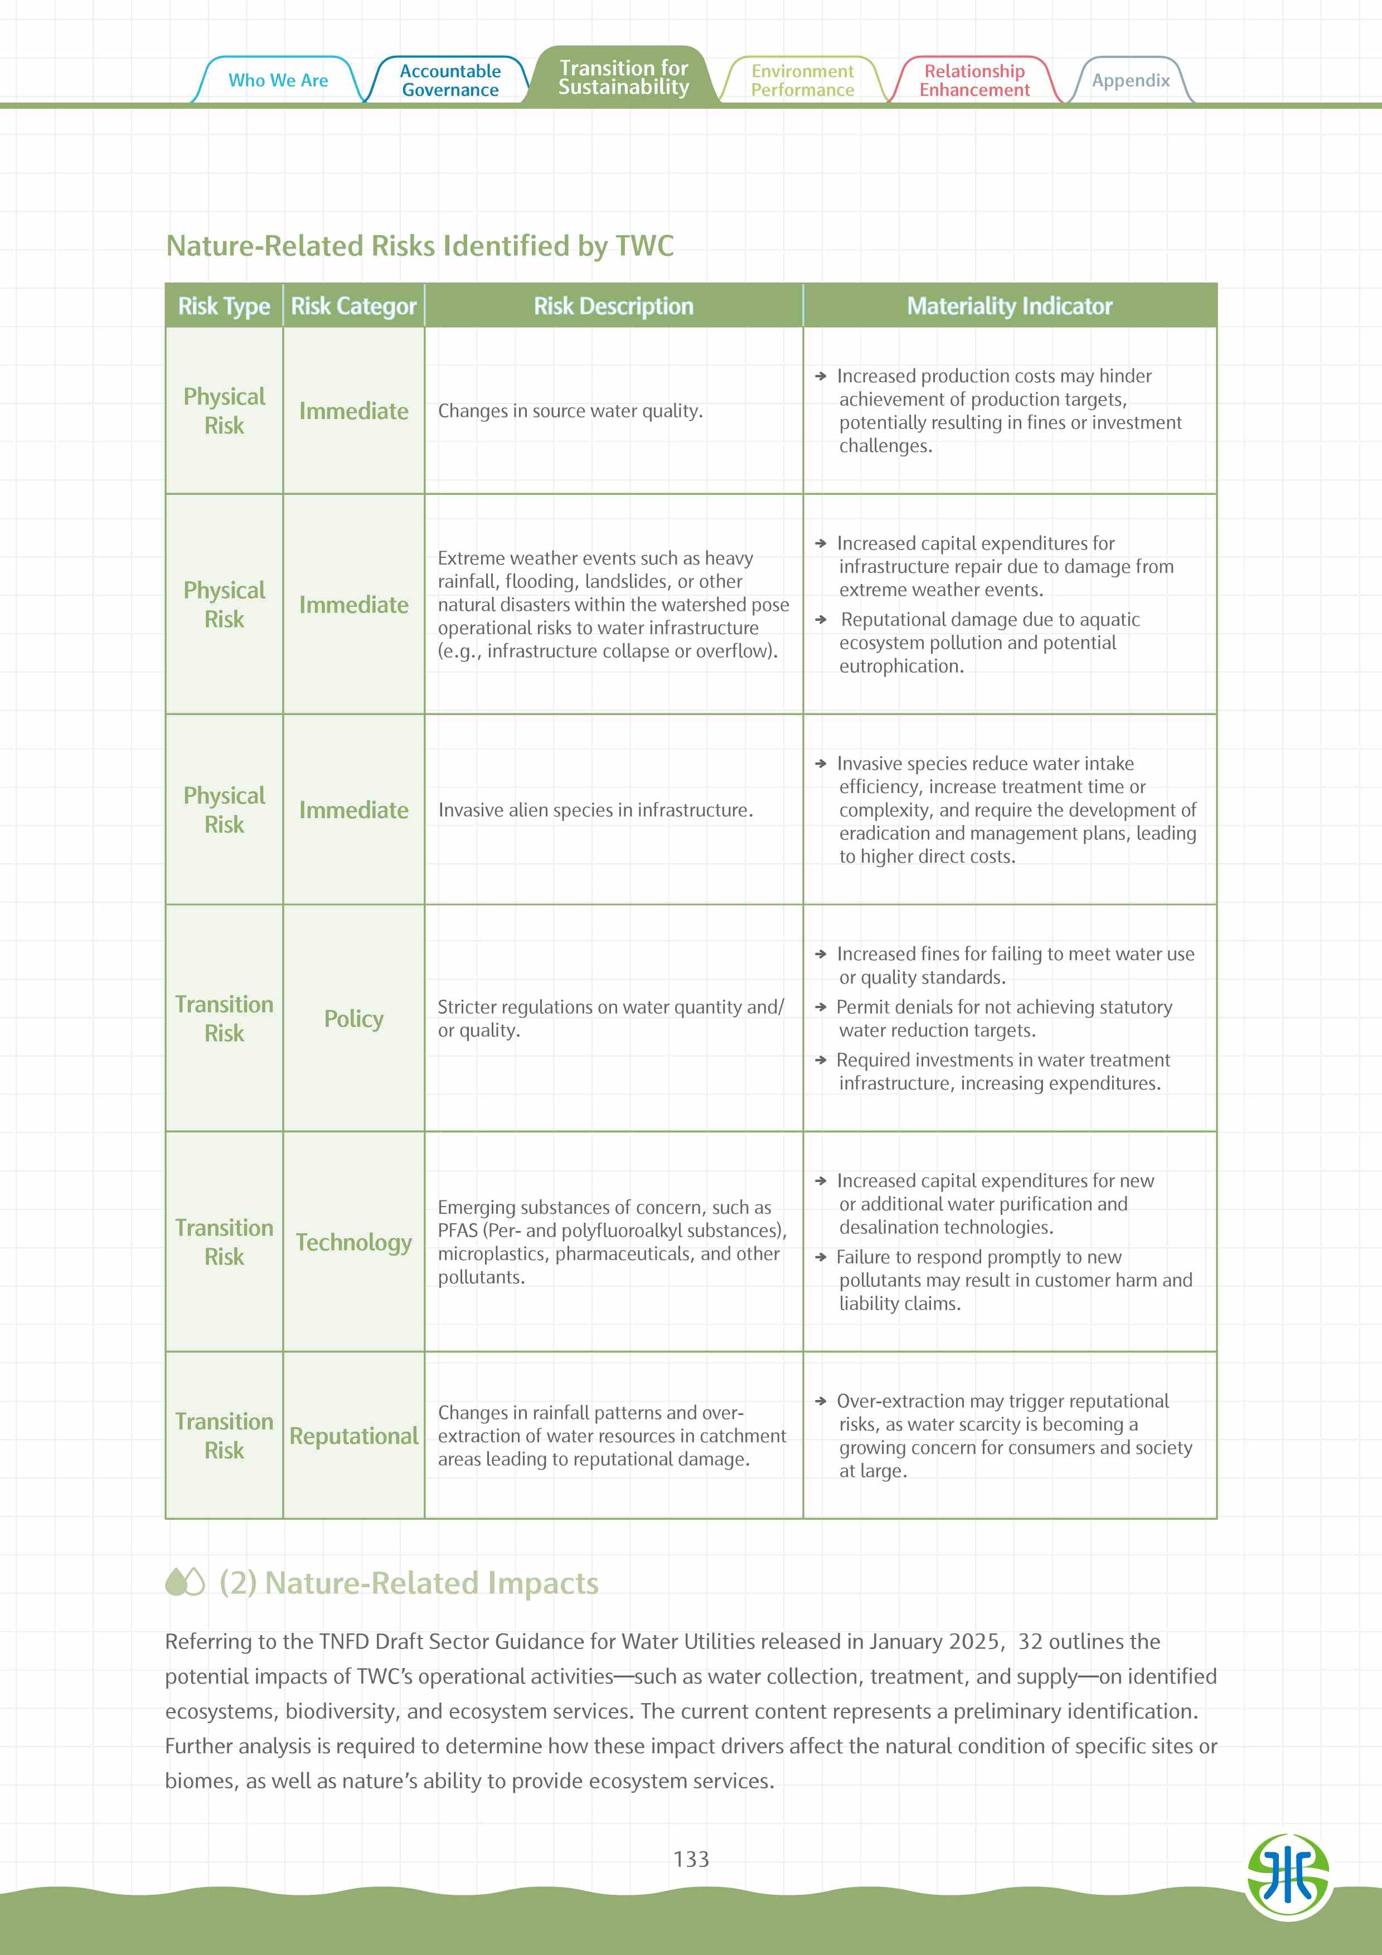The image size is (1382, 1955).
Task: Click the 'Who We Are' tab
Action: tap(278, 80)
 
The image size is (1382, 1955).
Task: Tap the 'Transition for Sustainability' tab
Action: tap(623, 77)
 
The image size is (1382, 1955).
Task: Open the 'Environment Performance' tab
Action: tap(802, 80)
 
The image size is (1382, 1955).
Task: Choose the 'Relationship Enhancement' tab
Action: tap(974, 80)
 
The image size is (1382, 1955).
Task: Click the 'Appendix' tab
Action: tap(1131, 80)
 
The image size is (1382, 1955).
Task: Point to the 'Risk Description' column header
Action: tap(613, 306)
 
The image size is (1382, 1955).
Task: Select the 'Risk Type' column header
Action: tap(224, 306)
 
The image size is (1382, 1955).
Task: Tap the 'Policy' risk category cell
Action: tap(353, 1018)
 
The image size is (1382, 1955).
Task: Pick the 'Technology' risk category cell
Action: tap(353, 1242)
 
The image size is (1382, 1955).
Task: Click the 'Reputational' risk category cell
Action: tap(353, 1436)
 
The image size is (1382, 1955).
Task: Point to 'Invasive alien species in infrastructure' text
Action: tap(595, 810)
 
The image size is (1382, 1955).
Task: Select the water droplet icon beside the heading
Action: tap(185, 1582)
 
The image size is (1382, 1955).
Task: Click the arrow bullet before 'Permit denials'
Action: tap(821, 1006)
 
